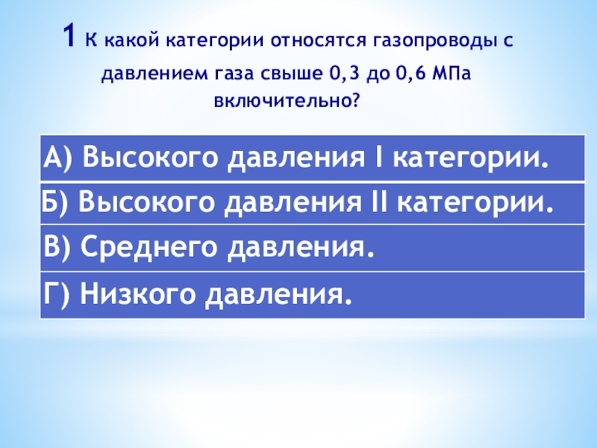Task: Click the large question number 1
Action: click(69, 35)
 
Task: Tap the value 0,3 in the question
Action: click(338, 75)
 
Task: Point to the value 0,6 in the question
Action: click(407, 75)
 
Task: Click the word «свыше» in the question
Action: click(278, 75)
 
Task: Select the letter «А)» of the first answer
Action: click(58, 158)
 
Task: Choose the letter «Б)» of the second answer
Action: click(57, 202)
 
